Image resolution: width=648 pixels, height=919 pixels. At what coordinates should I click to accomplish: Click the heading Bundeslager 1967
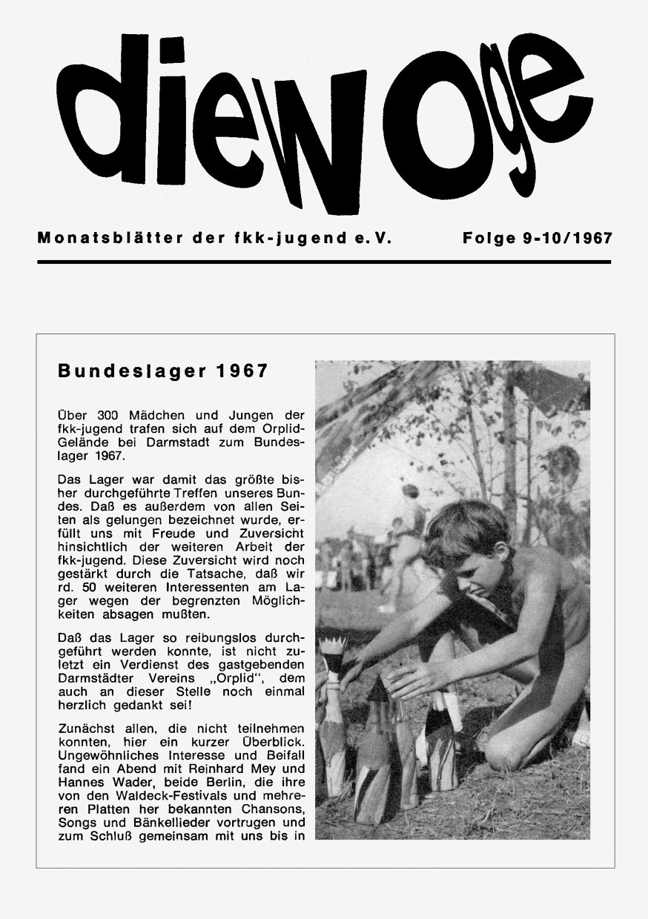162,371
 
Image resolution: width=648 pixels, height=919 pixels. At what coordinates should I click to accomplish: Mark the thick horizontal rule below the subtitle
324,262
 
